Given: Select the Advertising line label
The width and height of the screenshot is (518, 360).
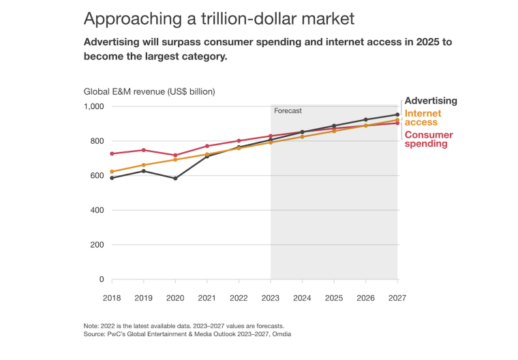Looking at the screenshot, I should click(431, 101).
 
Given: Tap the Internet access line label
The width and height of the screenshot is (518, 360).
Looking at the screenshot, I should click(423, 118).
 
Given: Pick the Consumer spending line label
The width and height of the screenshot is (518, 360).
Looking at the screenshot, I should click(429, 139).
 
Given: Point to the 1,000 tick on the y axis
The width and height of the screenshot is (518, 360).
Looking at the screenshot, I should click(93, 106).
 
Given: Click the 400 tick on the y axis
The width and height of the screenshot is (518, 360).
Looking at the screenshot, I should click(97, 210).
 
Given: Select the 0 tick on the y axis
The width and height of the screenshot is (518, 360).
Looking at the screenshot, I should click(101, 280).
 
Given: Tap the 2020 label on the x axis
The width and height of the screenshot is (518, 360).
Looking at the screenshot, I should click(176, 297).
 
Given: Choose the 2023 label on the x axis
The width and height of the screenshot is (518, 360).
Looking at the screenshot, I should click(271, 297).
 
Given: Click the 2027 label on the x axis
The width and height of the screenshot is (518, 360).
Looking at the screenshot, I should click(397, 297).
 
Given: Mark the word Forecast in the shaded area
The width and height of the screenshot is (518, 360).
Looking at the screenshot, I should click(288, 110).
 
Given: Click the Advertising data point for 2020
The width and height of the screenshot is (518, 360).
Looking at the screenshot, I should click(176, 179).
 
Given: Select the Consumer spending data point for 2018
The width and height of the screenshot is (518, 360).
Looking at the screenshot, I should click(112, 153).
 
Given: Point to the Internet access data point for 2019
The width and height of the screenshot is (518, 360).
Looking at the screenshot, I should click(144, 165).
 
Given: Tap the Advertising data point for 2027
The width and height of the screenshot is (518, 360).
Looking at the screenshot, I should click(397, 115).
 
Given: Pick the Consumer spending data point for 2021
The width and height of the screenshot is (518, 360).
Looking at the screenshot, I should click(207, 146).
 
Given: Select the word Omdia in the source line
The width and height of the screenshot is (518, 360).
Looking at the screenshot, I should click(280, 335).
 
